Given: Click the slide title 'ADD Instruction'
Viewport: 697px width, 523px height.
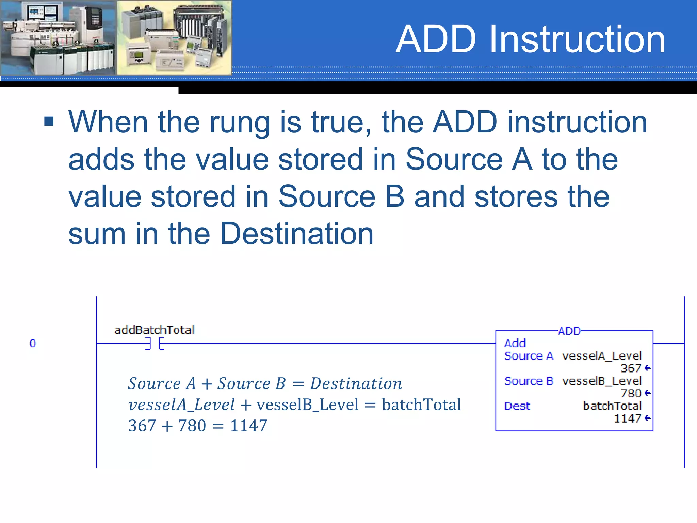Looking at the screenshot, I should (530, 39).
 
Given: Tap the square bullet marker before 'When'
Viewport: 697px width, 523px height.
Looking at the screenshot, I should (49, 121).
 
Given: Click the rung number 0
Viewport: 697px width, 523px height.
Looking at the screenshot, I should (33, 343).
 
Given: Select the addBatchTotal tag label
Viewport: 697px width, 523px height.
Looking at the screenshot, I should (154, 330).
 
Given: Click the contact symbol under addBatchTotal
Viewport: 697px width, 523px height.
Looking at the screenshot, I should (155, 344).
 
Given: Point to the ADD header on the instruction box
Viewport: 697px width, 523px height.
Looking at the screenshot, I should (569, 331).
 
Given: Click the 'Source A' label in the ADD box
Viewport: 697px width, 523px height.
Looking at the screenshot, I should (529, 356).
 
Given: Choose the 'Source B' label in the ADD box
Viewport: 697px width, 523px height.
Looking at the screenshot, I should (529, 381).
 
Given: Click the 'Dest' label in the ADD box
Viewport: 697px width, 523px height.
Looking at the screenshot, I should (517, 406).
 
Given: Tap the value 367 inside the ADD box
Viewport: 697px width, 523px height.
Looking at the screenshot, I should (631, 368).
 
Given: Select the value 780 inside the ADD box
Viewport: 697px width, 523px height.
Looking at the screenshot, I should (631, 394).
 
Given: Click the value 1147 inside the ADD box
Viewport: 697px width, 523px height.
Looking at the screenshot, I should (627, 418).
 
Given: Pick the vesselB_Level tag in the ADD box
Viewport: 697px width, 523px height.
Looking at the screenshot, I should (602, 381).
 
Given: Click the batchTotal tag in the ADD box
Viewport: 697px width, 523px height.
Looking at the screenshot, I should (612, 406).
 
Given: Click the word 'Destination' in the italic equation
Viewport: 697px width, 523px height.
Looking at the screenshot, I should (356, 384).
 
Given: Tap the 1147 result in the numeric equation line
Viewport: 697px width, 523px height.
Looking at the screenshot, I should (248, 426).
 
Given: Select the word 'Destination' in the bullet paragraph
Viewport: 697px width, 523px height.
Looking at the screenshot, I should (297, 234).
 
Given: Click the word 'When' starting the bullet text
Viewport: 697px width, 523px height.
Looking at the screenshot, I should (108, 122).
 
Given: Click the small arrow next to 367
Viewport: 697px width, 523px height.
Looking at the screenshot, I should (647, 368).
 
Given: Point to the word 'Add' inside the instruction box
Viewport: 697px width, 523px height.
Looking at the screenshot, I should (515, 343).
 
